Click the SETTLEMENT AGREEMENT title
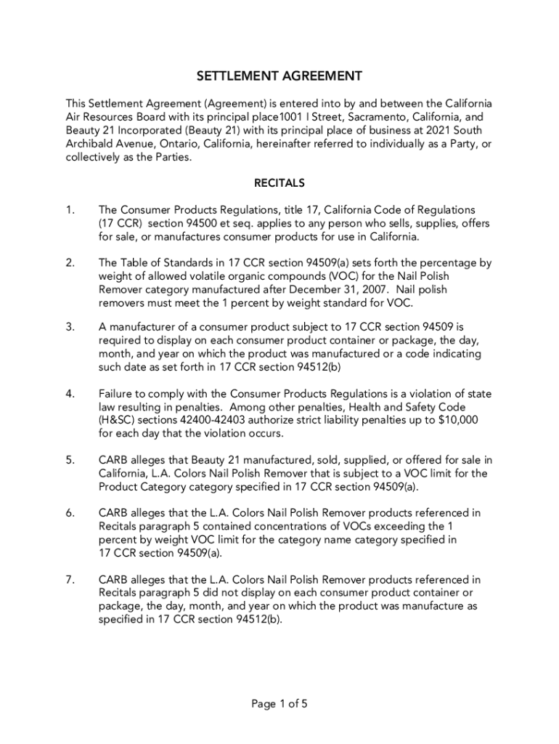coord(279,76)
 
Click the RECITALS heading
coord(279,183)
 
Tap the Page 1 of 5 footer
coord(279,703)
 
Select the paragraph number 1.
coord(70,210)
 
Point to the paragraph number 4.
coord(70,394)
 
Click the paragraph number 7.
coord(70,580)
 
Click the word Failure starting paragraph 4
coord(117,394)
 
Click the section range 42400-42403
coord(211,421)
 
